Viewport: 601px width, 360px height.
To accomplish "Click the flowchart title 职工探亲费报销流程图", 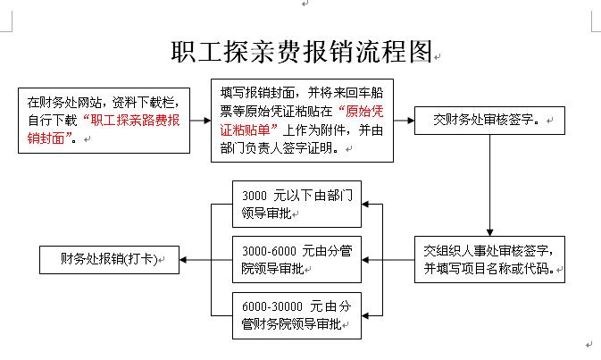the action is coord(302,52).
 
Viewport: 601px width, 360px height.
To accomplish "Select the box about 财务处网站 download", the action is coord(104,121).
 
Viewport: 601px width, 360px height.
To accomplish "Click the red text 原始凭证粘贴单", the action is coord(302,121).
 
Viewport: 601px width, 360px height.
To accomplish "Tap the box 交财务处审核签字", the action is coord(489,121).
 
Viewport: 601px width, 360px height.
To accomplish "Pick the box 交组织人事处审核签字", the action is coord(489,260).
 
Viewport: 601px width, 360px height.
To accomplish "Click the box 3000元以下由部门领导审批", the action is coord(296,204).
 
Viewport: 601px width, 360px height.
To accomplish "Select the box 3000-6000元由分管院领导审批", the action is coord(296,260).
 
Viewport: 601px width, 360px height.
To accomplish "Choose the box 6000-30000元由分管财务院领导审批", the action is coord(296,315).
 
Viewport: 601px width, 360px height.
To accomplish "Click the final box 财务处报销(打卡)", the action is coord(109,260).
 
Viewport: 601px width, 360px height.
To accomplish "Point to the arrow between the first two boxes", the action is coord(200,121).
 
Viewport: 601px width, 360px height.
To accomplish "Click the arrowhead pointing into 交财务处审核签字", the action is coord(411,121).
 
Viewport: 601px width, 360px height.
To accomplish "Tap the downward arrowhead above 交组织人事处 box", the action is coord(489,232).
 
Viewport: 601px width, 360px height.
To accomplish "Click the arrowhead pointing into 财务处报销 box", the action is coord(183,260).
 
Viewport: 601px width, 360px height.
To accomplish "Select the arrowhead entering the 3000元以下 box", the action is coord(365,204).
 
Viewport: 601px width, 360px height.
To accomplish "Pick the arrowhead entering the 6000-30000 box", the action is coord(365,315).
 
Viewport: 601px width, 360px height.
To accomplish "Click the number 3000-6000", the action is coord(269,251).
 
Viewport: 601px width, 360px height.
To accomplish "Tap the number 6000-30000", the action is coord(272,306).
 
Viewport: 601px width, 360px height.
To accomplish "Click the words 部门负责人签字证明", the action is coord(276,148).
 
